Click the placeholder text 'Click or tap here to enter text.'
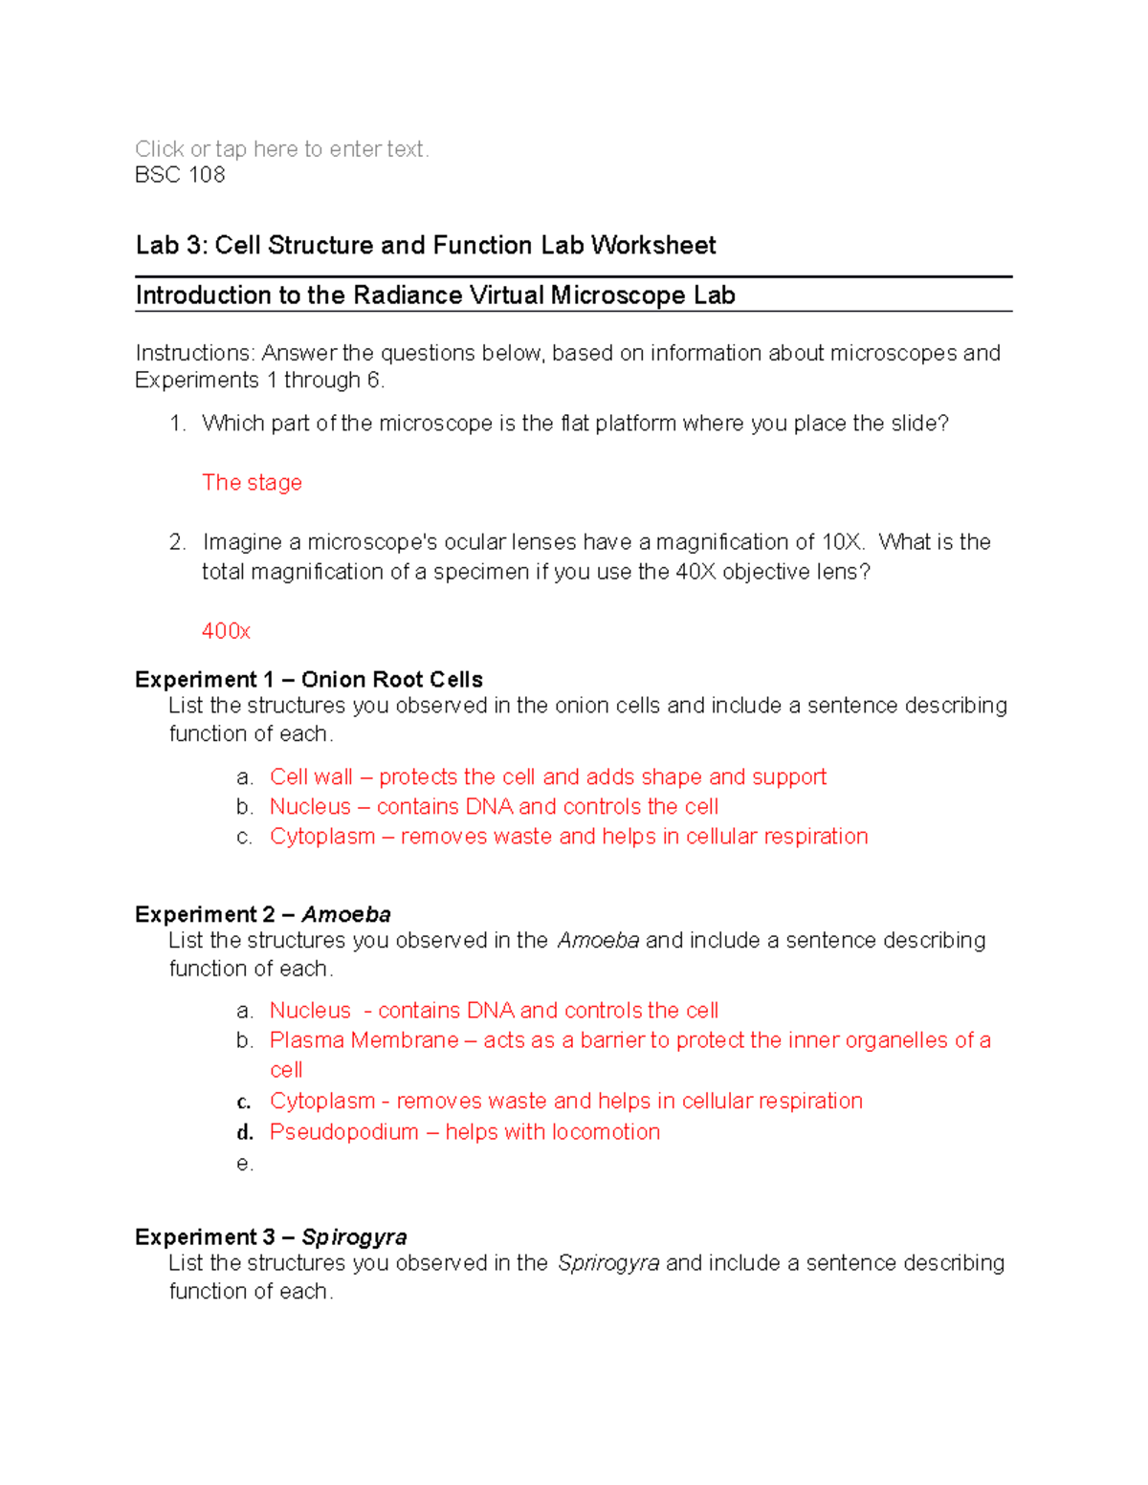[x=281, y=149]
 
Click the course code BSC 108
[x=180, y=175]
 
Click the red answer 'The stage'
[x=252, y=483]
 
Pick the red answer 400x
[x=226, y=631]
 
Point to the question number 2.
[x=177, y=542]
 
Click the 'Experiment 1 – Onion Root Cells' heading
[x=308, y=680]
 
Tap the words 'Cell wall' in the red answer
[x=311, y=777]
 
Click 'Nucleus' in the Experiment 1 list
[x=310, y=807]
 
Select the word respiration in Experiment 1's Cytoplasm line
[x=815, y=837]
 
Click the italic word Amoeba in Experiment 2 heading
[x=345, y=915]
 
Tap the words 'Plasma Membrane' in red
[x=364, y=1040]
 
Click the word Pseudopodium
[x=343, y=1132]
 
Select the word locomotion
[x=606, y=1132]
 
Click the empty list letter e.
[x=244, y=1164]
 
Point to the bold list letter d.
[x=245, y=1133]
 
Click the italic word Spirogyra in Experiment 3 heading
[x=354, y=1237]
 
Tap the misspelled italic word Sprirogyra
[x=607, y=1263]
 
